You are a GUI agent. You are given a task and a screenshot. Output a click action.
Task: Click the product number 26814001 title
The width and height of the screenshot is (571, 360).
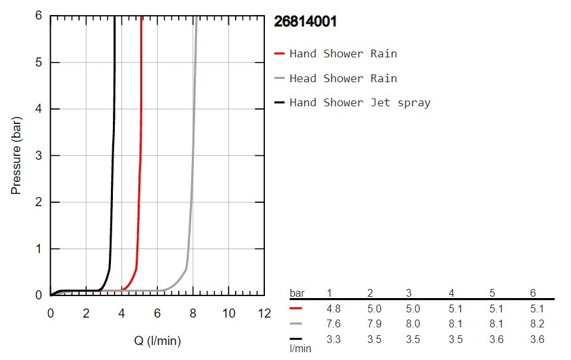tap(305, 22)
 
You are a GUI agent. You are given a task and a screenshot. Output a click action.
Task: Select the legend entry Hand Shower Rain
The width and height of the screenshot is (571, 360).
tap(343, 53)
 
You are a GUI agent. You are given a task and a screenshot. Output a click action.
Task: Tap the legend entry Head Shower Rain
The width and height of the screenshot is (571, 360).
tap(343, 78)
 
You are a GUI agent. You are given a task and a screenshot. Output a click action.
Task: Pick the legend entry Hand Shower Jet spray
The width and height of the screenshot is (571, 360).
tap(360, 102)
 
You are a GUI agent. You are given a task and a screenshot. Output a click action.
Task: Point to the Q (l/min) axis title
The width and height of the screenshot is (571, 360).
tap(157, 340)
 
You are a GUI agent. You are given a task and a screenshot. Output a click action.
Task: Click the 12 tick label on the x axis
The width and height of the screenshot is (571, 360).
tap(264, 312)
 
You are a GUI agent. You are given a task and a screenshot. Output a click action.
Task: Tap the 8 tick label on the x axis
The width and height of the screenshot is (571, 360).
tap(193, 312)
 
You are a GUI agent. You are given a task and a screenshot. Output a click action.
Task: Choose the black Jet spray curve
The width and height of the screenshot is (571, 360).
tap(113, 163)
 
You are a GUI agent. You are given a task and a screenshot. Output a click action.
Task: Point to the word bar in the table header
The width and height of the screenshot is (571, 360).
tap(297, 293)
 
